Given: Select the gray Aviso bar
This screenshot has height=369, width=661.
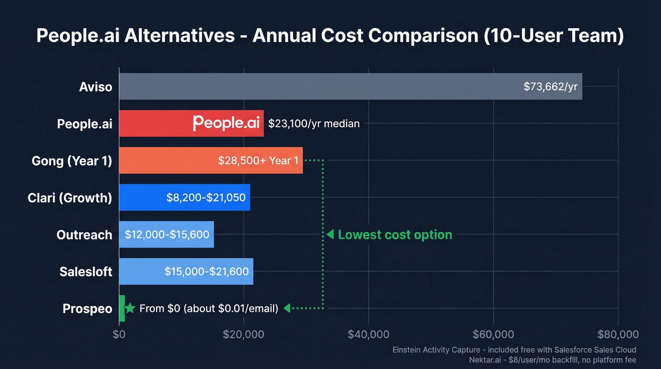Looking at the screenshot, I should [x=321, y=86].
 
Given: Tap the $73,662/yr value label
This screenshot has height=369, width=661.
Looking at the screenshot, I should [x=550, y=86].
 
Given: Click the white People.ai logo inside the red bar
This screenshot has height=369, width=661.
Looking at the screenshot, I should [x=226, y=123].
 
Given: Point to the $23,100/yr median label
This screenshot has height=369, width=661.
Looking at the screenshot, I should [x=314, y=124].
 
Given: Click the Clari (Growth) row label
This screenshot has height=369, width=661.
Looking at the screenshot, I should [x=70, y=197].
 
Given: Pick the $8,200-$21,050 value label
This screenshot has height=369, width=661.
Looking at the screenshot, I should [x=206, y=197].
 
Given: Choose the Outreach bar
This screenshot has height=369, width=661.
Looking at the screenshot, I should [x=166, y=234].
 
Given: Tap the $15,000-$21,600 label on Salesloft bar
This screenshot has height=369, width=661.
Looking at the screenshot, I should [x=207, y=271].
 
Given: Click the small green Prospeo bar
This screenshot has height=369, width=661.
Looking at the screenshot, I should [x=122, y=309].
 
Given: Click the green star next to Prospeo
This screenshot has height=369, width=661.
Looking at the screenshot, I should [x=130, y=309].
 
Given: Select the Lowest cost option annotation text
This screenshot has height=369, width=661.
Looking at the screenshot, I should [x=395, y=234].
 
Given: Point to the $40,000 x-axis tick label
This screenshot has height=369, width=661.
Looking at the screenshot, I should [x=368, y=335].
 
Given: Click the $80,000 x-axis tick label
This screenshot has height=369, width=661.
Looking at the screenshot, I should [x=618, y=335].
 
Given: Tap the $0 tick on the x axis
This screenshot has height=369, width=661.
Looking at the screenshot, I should [x=119, y=335].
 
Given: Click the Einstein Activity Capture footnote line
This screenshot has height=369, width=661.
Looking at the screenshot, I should [x=514, y=350].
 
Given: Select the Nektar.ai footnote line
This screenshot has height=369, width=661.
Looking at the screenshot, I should [x=552, y=360].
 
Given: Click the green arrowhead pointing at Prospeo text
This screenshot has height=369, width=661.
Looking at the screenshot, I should [x=287, y=309].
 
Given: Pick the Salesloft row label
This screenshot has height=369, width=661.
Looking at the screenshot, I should [x=86, y=272].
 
